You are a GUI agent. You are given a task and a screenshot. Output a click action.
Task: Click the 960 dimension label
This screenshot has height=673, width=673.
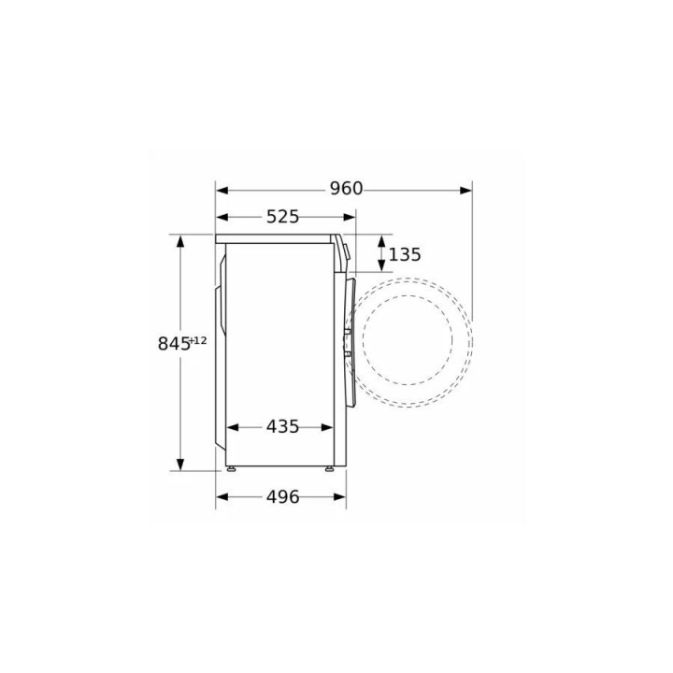tap(346, 189)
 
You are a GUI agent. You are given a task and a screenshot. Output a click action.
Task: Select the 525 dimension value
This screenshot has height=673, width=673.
tap(282, 217)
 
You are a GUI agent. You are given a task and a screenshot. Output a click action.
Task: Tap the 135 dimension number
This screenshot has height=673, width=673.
tap(405, 254)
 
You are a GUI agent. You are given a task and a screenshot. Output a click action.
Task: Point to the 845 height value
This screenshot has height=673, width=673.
tap(174, 344)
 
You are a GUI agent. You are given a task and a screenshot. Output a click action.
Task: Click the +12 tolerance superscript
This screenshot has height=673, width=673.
tap(198, 340)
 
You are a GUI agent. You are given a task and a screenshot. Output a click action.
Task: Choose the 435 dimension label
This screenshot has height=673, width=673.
tap(282, 426)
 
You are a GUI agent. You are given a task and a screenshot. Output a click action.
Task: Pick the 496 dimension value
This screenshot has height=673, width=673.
tap(282, 497)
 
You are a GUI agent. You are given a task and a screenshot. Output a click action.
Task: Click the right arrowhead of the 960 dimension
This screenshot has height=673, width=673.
tap(465, 190)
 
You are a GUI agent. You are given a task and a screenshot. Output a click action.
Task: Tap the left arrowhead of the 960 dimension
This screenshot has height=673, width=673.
tap(222, 190)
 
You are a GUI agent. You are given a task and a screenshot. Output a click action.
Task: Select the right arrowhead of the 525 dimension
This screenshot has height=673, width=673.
tap(350, 217)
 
